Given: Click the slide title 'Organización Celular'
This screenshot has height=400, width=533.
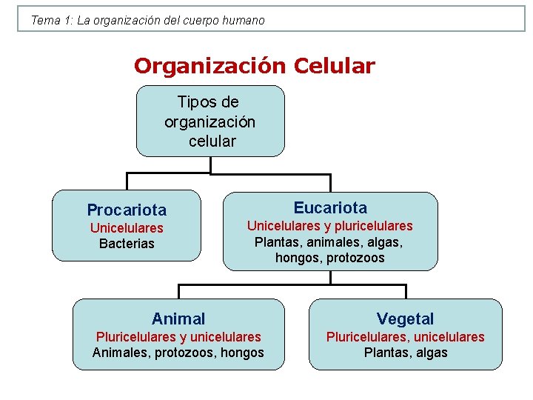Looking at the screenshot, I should [x=254, y=66].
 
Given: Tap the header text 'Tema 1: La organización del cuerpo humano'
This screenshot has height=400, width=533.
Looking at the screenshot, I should [x=147, y=21].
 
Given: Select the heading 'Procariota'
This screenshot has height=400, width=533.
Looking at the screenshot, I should [x=127, y=210].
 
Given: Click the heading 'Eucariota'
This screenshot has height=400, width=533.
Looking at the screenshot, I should [x=330, y=207].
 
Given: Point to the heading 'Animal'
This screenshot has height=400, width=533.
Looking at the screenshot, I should [x=178, y=319].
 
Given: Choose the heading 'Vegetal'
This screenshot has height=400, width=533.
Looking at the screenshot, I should [x=405, y=319].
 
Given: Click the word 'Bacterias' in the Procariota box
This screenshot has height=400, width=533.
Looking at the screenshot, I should [x=127, y=244].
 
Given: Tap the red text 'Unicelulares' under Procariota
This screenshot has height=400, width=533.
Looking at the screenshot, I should [x=127, y=228].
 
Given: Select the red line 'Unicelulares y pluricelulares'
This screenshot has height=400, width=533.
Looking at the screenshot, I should [x=329, y=226].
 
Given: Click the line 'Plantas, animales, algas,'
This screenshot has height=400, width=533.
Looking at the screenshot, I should [x=329, y=241].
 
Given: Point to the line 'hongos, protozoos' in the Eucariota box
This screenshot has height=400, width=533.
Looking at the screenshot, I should [x=329, y=258].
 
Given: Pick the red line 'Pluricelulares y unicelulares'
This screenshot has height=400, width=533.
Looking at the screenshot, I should [x=178, y=337].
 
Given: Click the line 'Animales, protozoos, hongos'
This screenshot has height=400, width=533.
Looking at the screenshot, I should [x=178, y=353].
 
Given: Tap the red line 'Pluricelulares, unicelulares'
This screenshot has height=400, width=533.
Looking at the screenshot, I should [x=406, y=337].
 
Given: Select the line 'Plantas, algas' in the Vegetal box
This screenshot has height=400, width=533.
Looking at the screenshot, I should [x=406, y=353].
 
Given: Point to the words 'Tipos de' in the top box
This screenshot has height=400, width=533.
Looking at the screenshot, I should [x=208, y=101].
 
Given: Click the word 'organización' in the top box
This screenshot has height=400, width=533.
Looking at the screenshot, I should [x=210, y=121].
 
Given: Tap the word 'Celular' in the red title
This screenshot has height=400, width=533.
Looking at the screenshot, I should [x=334, y=66].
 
